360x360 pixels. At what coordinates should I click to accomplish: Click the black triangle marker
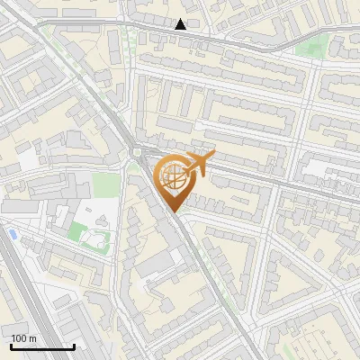click(x=181, y=24)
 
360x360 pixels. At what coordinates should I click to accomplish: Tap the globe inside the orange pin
click(x=174, y=175)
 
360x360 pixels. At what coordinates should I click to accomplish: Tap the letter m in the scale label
click(x=33, y=338)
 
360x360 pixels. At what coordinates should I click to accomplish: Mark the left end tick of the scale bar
click(x=11, y=346)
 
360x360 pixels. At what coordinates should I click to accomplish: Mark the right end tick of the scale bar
click(x=74, y=346)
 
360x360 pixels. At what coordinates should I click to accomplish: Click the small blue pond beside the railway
click(x=12, y=234)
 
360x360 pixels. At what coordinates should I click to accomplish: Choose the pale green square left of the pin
click(x=106, y=184)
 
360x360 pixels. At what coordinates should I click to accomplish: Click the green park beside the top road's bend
click(x=310, y=47)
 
